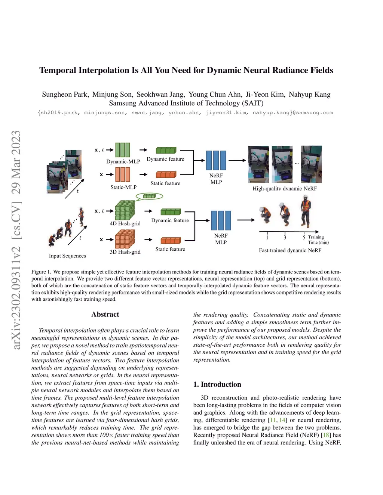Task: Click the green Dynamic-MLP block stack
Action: pyautogui.click(x=123, y=150)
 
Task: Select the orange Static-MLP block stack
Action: pyautogui.click(x=123, y=174)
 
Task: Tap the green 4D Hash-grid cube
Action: pyautogui.click(x=125, y=210)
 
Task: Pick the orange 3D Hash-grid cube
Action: pyautogui.click(x=125, y=239)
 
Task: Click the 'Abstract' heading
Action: pyautogui.click(x=105, y=315)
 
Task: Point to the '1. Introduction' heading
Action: pyautogui.click(x=217, y=384)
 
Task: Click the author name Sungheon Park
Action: pyautogui.click(x=65, y=95)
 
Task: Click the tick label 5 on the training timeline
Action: pyautogui.click(x=304, y=238)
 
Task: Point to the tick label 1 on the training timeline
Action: pyautogui.click(x=267, y=238)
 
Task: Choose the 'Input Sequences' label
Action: pyautogui.click(x=67, y=256)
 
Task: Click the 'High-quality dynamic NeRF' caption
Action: pyautogui.click(x=284, y=189)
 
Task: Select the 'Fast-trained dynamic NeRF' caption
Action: pyautogui.click(x=290, y=250)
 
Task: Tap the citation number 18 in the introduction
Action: pyautogui.click(x=326, y=435)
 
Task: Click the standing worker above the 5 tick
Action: pyautogui.click(x=306, y=212)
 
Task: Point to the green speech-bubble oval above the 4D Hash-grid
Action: pyautogui.click(x=149, y=196)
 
